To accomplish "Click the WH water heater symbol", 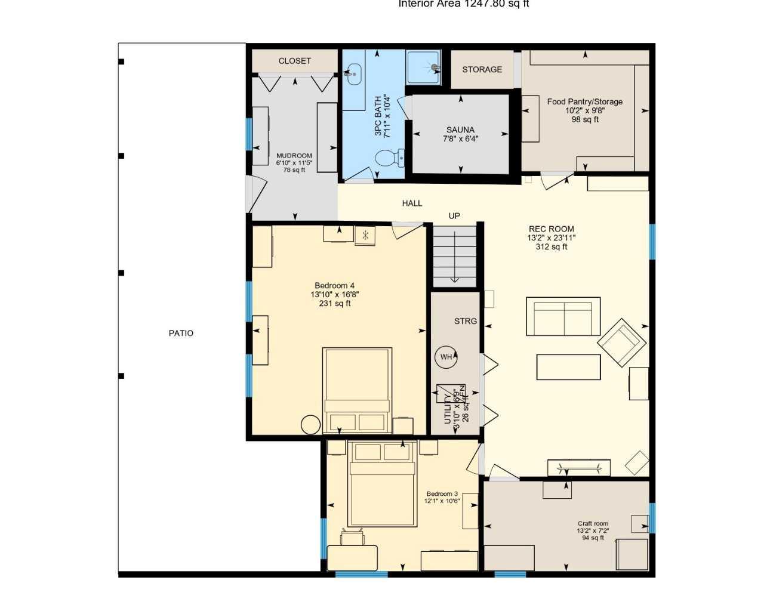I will tap(446, 357).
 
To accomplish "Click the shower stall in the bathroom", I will tap(424, 67).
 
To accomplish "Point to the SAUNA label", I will tap(460, 129).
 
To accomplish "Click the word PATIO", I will tap(181, 333).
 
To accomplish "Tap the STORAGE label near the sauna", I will tap(482, 69).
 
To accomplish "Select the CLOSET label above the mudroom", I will tap(295, 61).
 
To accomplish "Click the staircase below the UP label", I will tap(455, 256).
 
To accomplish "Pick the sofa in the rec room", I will tap(563, 316).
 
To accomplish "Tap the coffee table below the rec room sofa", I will tap(568, 367).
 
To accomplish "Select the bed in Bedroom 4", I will tap(357, 390).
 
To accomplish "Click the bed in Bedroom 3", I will tap(382, 484).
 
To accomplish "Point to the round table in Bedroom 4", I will tap(310, 424).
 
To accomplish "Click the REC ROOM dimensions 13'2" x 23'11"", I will tap(552, 237).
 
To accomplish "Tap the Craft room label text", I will tap(593, 523).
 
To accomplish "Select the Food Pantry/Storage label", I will tap(584, 101).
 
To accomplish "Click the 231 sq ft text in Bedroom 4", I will tap(334, 303).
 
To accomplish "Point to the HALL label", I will tap(412, 203).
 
